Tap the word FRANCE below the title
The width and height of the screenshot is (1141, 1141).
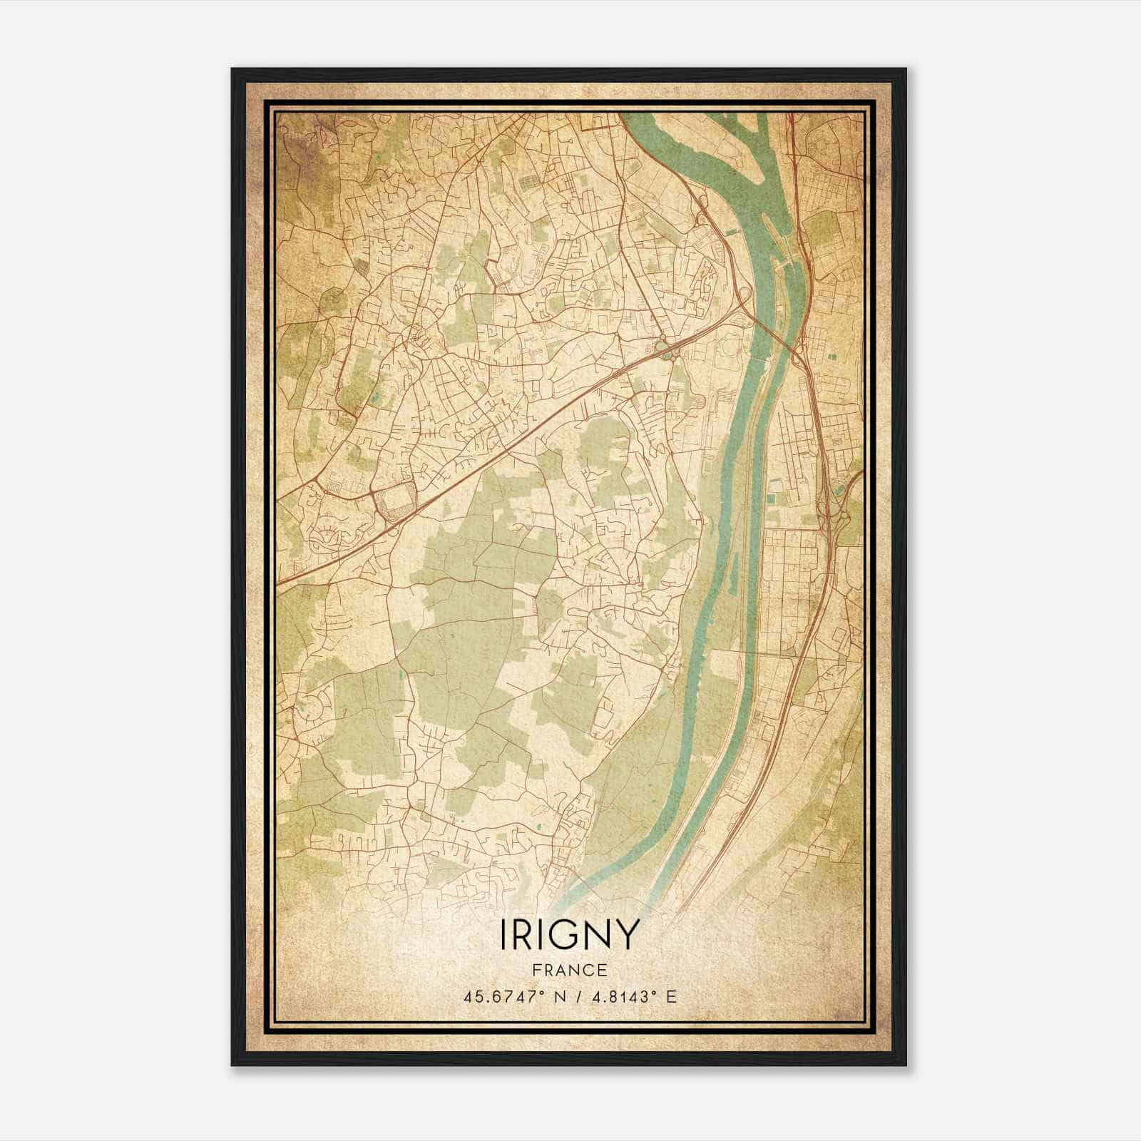(569, 970)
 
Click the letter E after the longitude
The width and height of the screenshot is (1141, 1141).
(670, 996)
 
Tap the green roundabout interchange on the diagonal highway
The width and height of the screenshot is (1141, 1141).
(666, 349)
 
